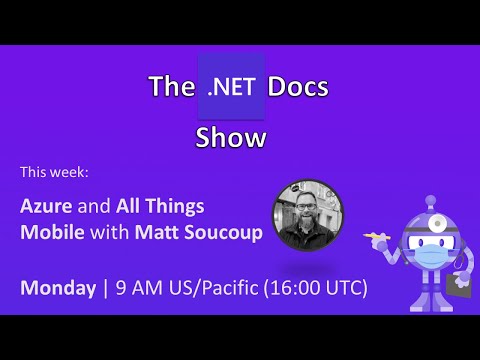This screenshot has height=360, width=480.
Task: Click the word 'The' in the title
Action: click(x=164, y=88)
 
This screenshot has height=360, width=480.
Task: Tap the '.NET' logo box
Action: click(x=232, y=87)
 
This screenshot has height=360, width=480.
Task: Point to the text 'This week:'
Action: click(x=54, y=172)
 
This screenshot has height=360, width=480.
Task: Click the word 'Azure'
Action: click(x=48, y=206)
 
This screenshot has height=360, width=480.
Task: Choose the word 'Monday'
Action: click(x=56, y=288)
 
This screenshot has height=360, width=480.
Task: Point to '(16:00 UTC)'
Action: click(x=309, y=288)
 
